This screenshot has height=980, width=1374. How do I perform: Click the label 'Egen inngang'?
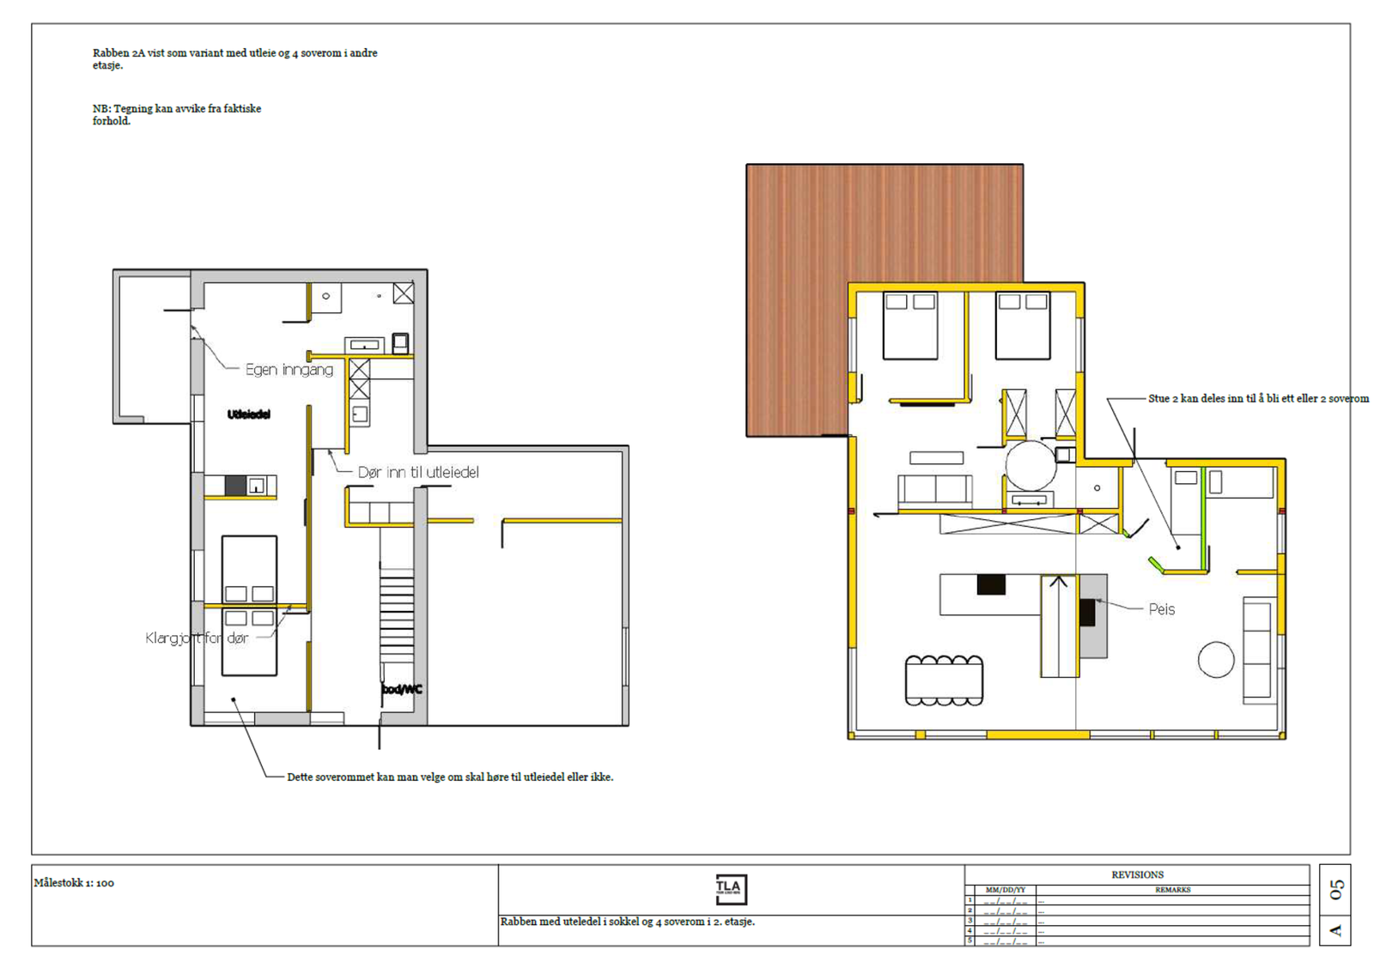289,370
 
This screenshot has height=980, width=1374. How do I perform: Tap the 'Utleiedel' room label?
249,414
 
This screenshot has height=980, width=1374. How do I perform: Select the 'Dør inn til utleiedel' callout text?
418,472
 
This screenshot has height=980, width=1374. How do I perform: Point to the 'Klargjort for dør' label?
197,638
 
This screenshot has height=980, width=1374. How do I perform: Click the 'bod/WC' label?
401,689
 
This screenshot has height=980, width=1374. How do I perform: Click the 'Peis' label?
1161,609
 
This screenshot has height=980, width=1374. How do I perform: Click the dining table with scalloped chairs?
944,681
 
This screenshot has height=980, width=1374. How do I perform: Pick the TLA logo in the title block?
731,889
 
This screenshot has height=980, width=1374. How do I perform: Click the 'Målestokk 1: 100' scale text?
74,883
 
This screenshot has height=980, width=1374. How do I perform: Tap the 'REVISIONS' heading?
1137,874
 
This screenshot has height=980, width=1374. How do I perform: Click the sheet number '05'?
1335,889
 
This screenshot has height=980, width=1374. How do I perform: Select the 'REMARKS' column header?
1172,890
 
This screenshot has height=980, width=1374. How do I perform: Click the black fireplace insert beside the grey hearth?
1087,612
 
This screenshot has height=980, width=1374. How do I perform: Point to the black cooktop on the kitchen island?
991,584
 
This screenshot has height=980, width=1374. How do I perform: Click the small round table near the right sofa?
1215,660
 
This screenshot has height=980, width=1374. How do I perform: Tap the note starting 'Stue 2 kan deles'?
1258,399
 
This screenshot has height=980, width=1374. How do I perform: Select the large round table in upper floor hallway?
1030,466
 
